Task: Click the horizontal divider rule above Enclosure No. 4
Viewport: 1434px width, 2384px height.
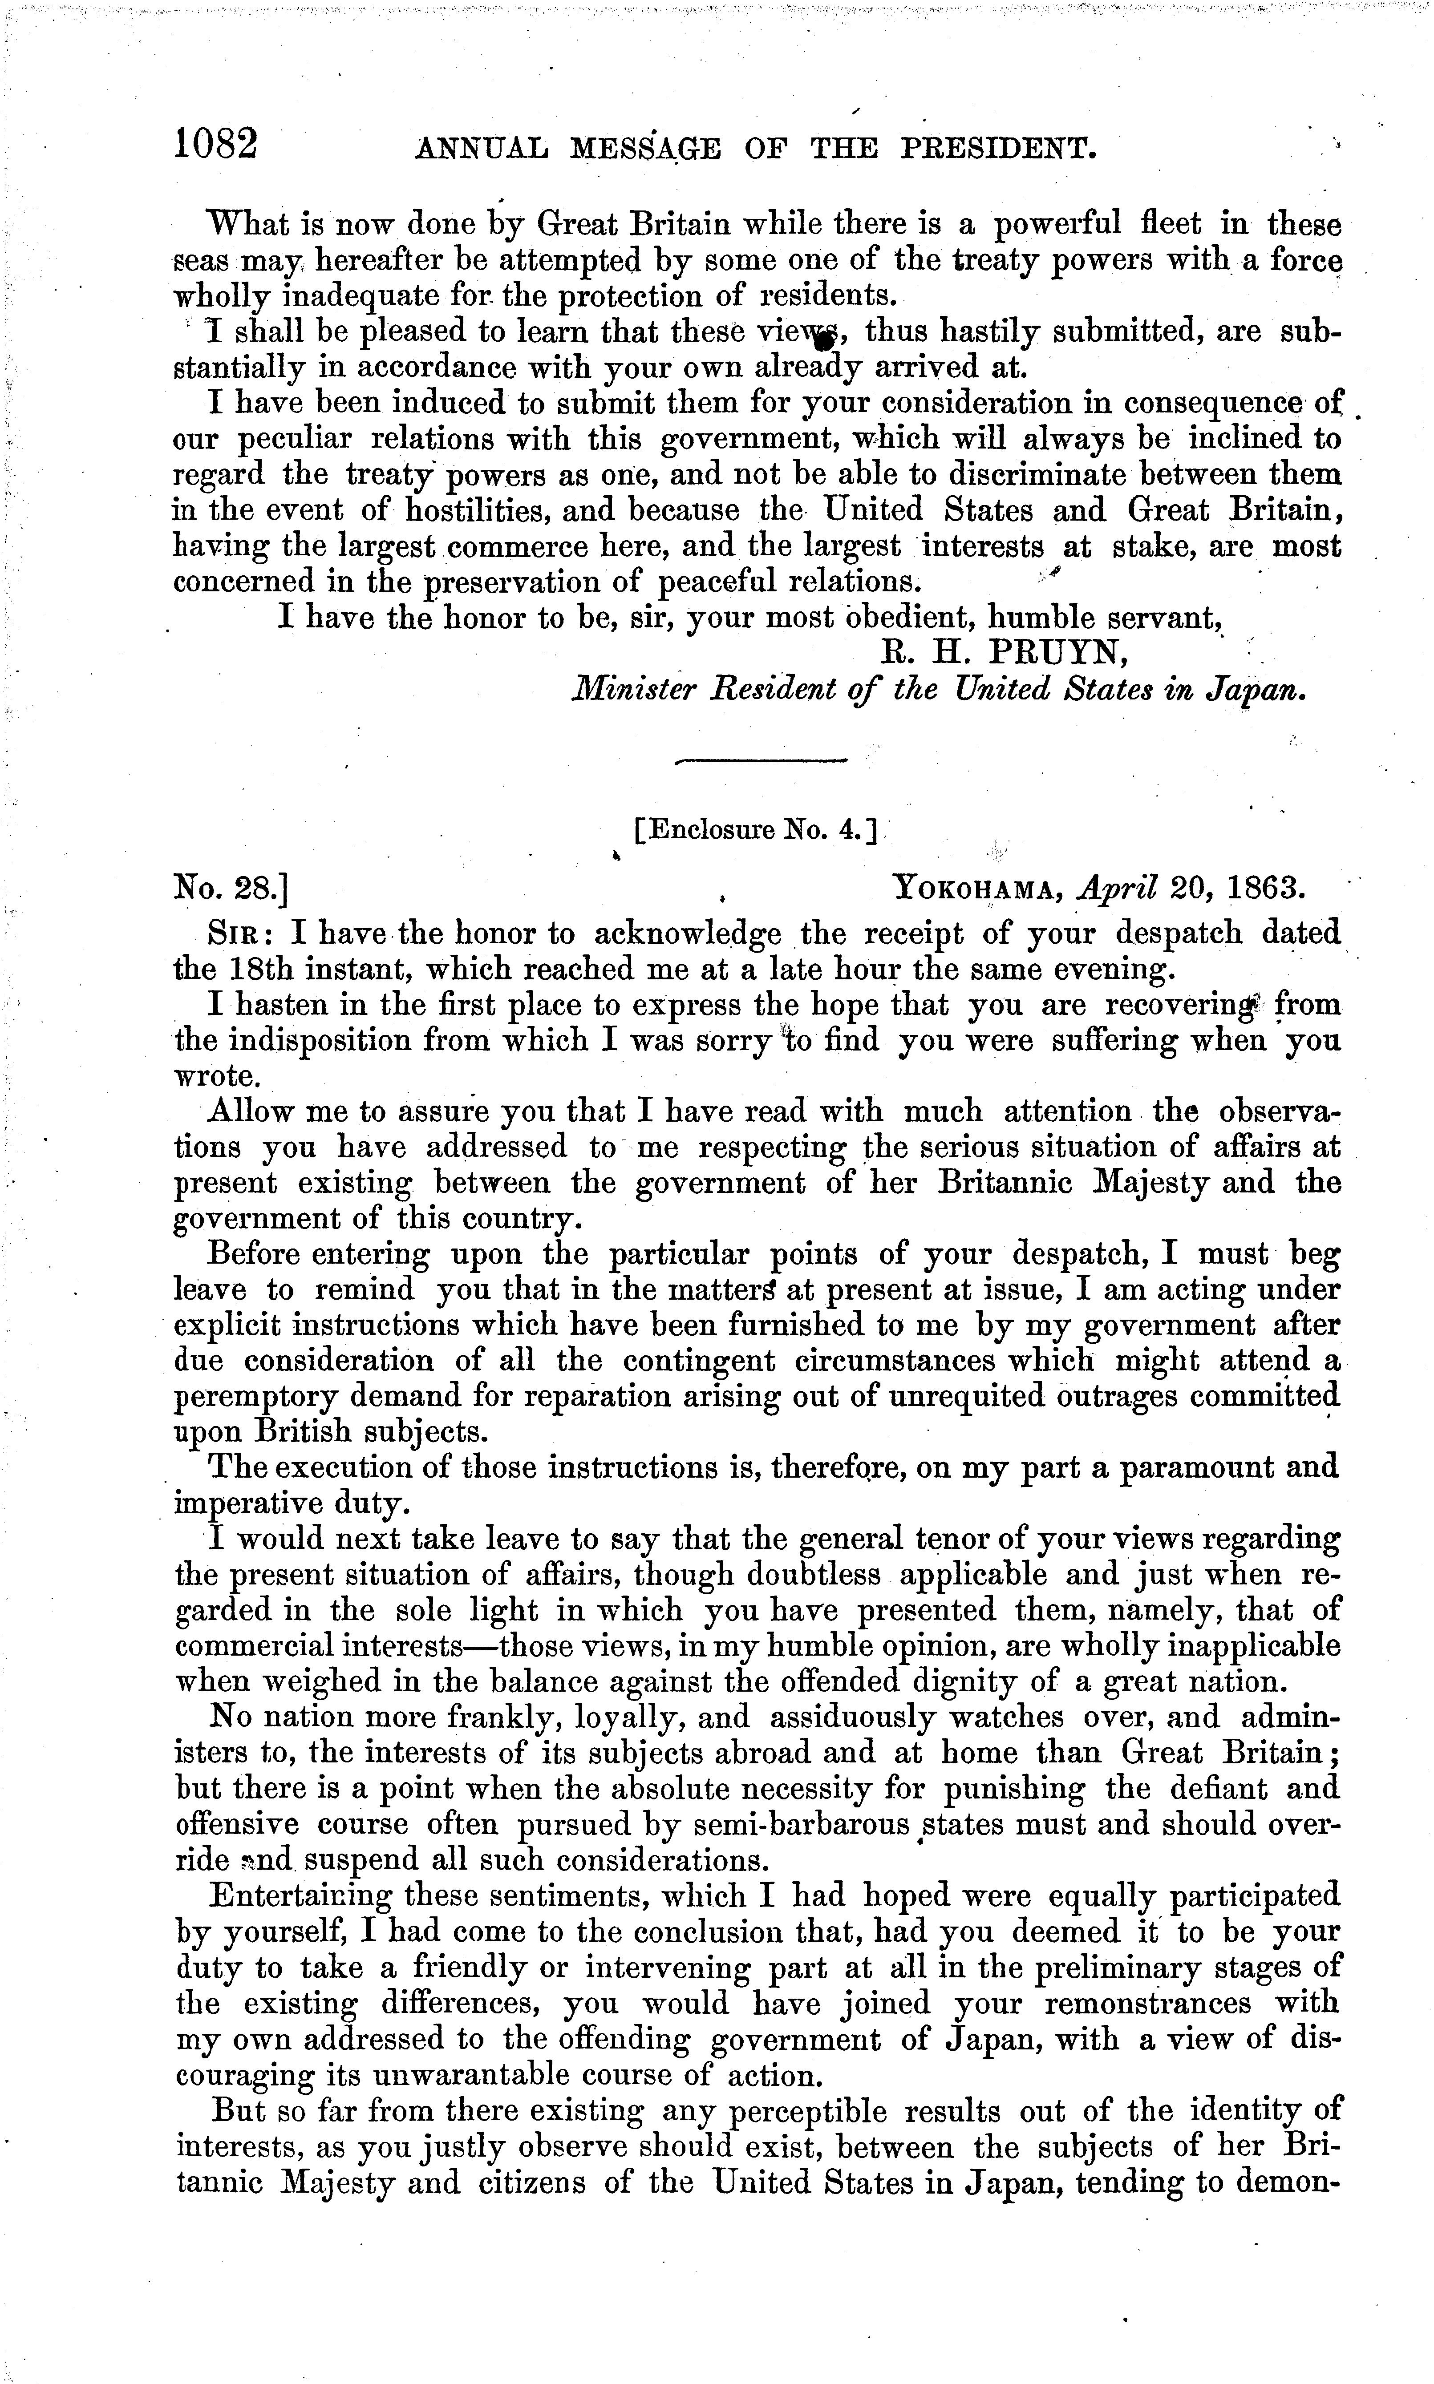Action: click(762, 762)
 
